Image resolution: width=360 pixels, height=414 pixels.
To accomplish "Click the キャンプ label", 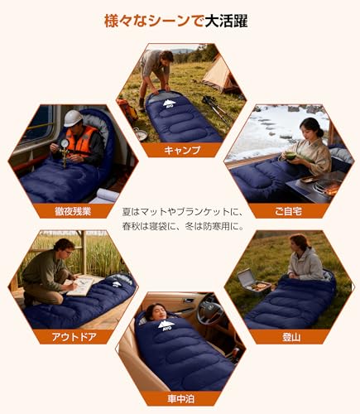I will pyautogui.click(x=182, y=150).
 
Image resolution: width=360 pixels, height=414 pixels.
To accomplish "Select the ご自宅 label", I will pyautogui.click(x=290, y=211).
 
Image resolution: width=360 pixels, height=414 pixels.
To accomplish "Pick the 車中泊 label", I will pyautogui.click(x=182, y=397).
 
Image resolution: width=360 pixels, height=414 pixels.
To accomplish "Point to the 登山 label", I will pyautogui.click(x=290, y=336).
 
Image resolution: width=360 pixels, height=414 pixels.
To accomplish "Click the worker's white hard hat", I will pyautogui.click(x=73, y=118).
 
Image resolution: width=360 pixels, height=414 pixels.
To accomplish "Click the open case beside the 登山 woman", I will pyautogui.click(x=249, y=282).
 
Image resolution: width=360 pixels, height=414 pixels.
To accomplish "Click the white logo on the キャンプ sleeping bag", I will pyautogui.click(x=169, y=103).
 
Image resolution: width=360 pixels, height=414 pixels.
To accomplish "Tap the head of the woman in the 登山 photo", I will pyautogui.click(x=300, y=243).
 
